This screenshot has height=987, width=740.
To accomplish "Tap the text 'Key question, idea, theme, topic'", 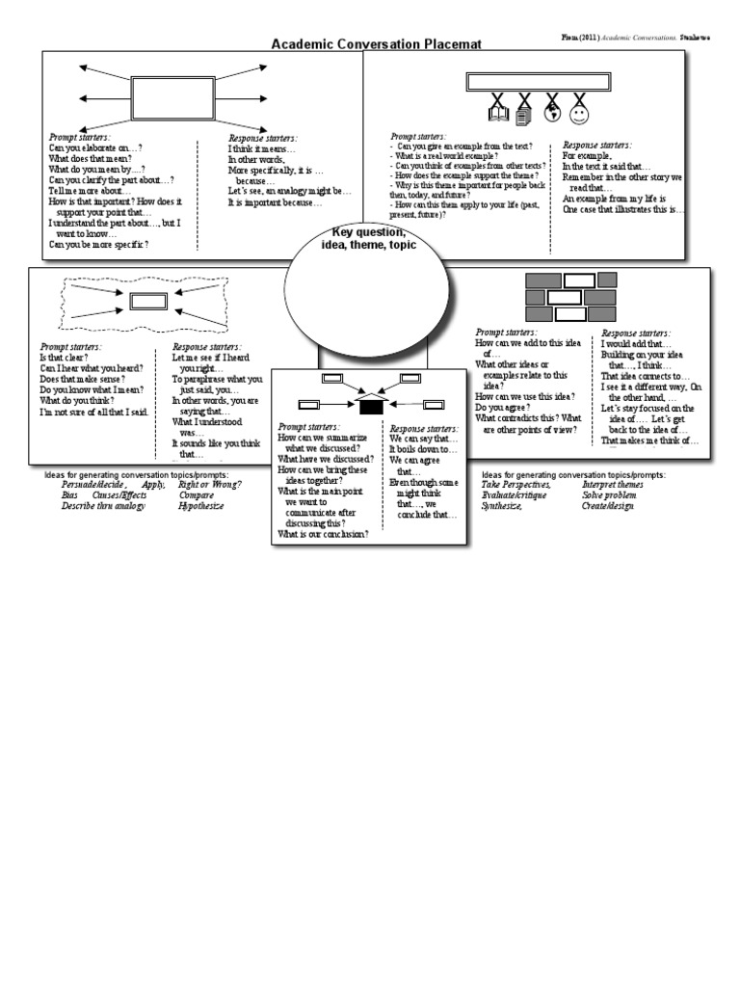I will click(369, 239).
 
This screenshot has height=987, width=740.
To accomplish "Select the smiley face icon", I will click(579, 115).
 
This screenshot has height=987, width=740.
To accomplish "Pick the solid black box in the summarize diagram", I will click(371, 407).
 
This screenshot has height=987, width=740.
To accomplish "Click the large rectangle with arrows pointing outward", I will click(173, 97).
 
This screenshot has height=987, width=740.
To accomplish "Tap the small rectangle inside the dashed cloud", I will click(148, 301).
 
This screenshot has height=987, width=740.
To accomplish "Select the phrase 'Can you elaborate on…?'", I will click(96, 148).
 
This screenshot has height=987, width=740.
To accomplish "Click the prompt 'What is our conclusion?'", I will click(323, 534).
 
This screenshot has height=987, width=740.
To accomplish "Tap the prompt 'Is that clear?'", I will click(65, 357).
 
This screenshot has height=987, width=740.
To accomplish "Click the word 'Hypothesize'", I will click(200, 506).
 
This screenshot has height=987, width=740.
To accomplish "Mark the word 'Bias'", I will click(69, 495).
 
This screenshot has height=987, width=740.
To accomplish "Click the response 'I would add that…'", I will click(637, 344).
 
